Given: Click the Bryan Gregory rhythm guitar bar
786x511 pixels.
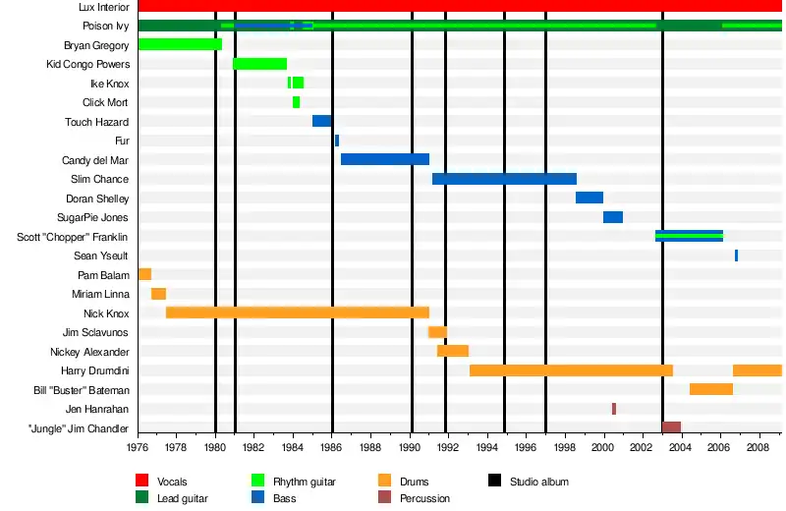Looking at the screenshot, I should coord(180,44).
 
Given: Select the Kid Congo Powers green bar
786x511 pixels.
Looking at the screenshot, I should coord(259,64).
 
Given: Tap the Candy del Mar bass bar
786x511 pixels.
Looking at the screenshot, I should coord(385,159).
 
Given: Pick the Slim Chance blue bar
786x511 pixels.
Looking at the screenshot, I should coord(504,179).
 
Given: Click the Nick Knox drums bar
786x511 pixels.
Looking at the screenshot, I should coord(298,312).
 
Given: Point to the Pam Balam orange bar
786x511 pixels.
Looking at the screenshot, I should coord(144,274).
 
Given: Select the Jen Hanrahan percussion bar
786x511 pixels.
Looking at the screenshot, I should coord(614,409).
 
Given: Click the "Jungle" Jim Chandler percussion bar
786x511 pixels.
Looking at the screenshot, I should coord(671,427).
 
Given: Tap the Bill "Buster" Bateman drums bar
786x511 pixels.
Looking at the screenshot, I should coord(711,389).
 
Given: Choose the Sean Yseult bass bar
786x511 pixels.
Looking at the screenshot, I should coord(736,255).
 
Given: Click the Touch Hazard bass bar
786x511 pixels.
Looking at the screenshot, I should coord(321,121).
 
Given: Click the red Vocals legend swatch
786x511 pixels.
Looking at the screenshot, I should coord(144,482).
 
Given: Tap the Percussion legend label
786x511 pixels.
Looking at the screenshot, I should coord(424,499).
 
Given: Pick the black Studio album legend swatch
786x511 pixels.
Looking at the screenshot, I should coord(496,482).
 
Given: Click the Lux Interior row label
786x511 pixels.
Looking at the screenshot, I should coord(103,7).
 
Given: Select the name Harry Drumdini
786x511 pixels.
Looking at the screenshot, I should coord(95,370).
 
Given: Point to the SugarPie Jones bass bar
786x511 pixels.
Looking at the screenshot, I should coord(613,217).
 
